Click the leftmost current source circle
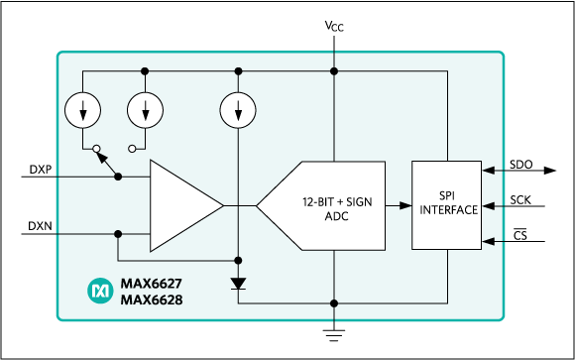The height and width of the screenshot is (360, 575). pos(83,110)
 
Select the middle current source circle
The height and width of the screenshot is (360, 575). pos(145,110)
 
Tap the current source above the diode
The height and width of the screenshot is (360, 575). pos(239,110)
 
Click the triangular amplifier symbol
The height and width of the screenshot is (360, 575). pos(183,205)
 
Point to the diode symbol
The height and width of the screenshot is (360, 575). pos(239,284)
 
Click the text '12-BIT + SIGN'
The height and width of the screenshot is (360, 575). pos(335,200)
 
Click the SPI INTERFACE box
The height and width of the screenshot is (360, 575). pos(447,204)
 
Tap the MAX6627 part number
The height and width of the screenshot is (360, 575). pos(151,283)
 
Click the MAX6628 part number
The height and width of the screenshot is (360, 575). pos(151,299)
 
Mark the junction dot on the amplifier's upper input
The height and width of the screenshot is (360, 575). pos(118,177)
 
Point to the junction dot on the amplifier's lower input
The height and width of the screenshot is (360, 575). pos(118,234)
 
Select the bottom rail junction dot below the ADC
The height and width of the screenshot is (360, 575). pos(334,302)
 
